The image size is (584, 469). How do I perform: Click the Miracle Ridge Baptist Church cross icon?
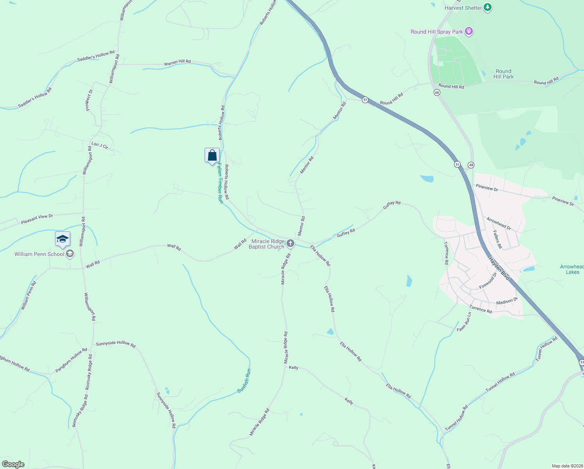pos(290,244)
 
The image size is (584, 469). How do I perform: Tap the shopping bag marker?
pos(212,156)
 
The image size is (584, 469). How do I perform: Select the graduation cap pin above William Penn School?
pos(62,239)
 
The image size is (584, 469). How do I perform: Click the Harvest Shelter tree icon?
pos(487,7)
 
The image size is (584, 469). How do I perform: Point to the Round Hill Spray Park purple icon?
pos(469,31)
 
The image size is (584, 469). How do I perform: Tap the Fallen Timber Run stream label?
pos(220,183)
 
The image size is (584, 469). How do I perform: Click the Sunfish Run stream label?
pos(244,381)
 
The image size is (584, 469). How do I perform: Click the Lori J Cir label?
pos(100,145)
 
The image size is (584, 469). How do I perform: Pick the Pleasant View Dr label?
pos(37,219)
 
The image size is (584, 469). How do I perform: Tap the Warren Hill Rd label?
pos(177,62)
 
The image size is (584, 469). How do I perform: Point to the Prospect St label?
pos(89,100)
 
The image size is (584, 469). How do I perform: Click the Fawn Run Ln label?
pos(464,322)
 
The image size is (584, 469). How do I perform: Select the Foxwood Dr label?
pos(488,281)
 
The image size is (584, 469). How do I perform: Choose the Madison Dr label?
pos(507,302)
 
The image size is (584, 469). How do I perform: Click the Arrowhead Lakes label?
pos(572,269)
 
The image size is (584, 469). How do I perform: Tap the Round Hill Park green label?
pos(504,74)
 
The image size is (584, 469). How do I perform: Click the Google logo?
pos(13,464)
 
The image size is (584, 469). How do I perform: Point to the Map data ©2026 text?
pos(566,466)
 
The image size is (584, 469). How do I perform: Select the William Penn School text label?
pos(39,254)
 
